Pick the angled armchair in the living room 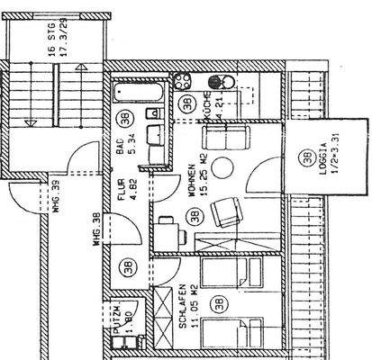click(x=227, y=214)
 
